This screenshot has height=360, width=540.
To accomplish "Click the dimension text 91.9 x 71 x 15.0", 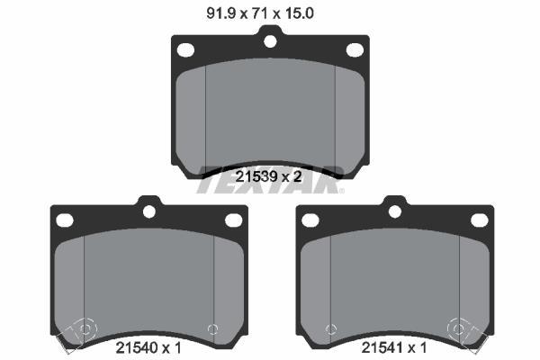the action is pyautogui.click(x=260, y=13).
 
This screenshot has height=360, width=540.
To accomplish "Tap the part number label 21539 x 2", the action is pyautogui.click(x=268, y=176).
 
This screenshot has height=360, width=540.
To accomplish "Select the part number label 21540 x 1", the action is pyautogui.click(x=148, y=347).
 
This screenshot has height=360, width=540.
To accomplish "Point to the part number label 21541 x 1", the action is pyautogui.click(x=394, y=347).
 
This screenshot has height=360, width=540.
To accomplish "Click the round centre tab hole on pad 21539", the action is pyautogui.click(x=270, y=41).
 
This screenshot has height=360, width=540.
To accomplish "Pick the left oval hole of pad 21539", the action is pyautogui.click(x=185, y=50).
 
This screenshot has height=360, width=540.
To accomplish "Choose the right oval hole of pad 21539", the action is pyautogui.click(x=355, y=50).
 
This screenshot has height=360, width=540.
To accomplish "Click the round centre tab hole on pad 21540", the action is pyautogui.click(x=149, y=211).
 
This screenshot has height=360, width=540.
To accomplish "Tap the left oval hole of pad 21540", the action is pyautogui.click(x=65, y=220).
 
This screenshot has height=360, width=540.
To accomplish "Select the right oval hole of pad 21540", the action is pyautogui.click(x=233, y=220).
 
